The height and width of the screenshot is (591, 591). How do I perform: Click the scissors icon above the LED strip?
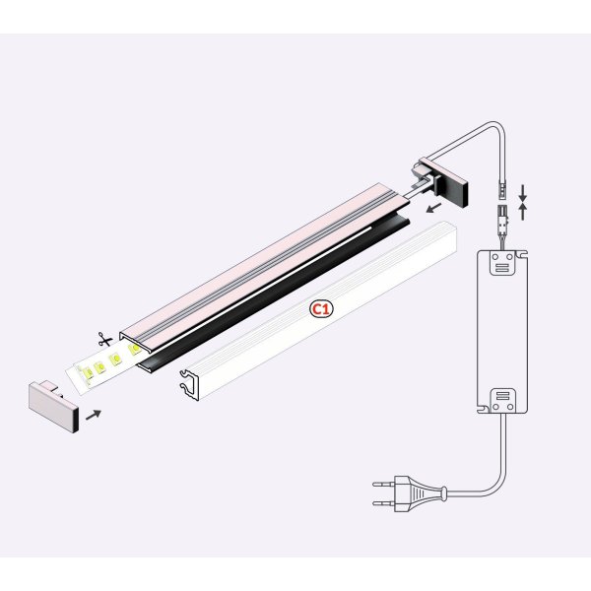[x=104, y=340]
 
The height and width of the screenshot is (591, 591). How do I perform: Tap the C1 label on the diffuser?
[x=320, y=309]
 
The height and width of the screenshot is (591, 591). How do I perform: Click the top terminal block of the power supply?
[x=502, y=263]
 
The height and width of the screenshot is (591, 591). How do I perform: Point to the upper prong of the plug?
[x=385, y=482]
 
